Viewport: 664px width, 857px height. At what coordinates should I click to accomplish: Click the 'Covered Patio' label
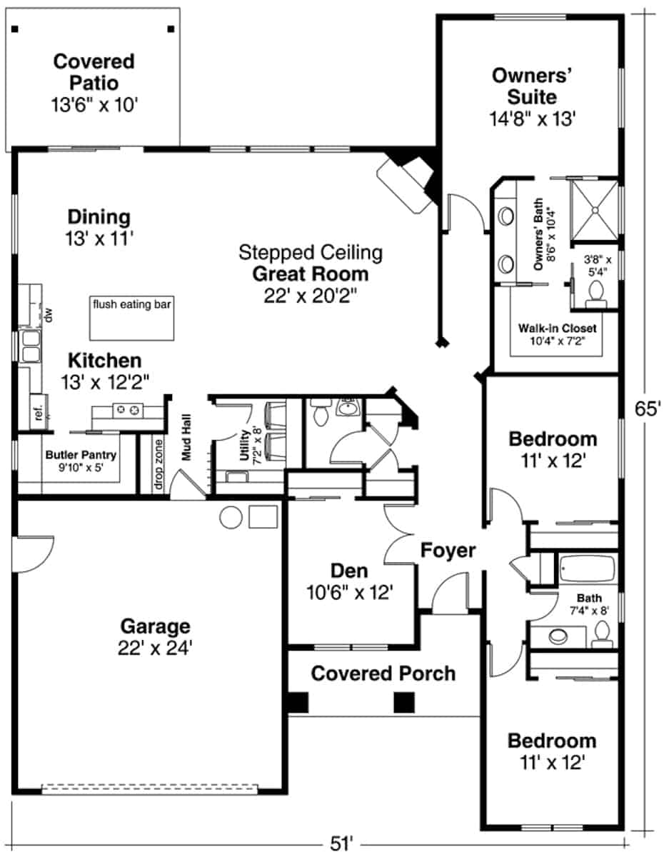[x=94, y=71]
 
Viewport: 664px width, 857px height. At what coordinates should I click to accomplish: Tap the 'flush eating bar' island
[x=132, y=319]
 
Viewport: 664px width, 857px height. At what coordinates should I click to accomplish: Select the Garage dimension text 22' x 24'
[x=155, y=648]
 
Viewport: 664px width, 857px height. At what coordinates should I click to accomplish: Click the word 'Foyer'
[x=448, y=551]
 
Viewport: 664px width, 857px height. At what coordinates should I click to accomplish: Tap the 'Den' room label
[x=349, y=571]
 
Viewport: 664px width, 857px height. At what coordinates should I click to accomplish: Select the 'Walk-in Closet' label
[x=557, y=329]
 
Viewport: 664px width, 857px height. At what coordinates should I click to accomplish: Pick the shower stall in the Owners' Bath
[x=594, y=208]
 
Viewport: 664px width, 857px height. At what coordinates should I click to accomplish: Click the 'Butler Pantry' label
[x=81, y=454]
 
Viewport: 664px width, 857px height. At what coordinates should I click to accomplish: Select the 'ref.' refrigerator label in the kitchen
[x=39, y=414]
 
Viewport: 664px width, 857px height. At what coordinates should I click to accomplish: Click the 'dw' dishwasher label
[x=49, y=315]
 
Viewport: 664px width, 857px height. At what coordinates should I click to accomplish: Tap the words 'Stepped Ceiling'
[x=311, y=252]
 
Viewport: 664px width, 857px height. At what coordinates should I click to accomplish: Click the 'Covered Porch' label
[x=383, y=673]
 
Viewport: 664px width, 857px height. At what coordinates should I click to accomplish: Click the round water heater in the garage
[x=232, y=518]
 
